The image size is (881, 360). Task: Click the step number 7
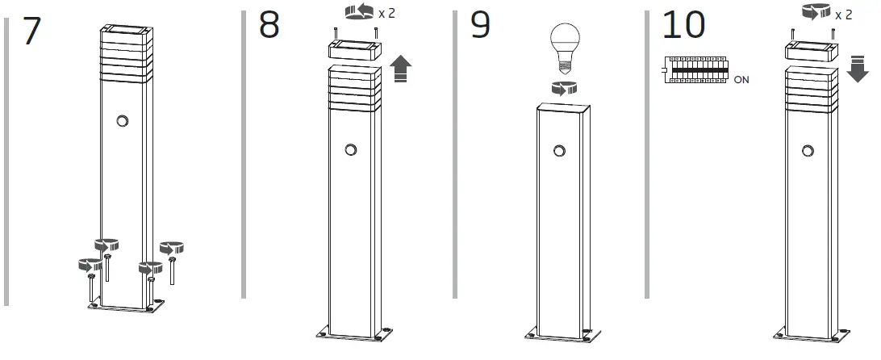(x=32, y=30)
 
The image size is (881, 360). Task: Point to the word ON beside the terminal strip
(x=741, y=80)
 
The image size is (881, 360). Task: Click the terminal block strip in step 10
(x=695, y=70)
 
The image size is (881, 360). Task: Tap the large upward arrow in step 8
(x=399, y=70)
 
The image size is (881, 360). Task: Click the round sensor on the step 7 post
(x=123, y=120)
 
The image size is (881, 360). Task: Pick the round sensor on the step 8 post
(x=350, y=149)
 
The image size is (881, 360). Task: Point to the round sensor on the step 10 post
(x=808, y=149)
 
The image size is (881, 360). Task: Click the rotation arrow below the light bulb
(x=562, y=89)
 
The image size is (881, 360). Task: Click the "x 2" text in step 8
(x=387, y=14)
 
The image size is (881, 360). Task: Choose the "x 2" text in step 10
(x=844, y=15)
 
